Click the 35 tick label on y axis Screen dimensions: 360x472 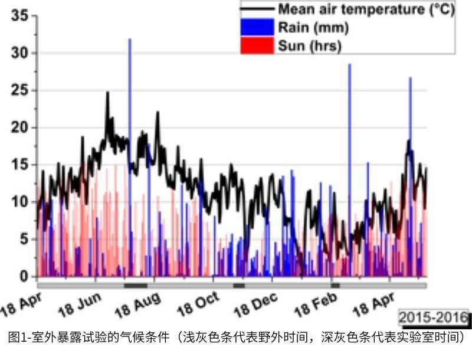20,16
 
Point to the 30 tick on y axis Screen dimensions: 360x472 20,53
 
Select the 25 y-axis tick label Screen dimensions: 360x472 20,90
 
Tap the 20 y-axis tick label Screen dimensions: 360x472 20,127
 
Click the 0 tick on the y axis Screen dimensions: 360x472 24,276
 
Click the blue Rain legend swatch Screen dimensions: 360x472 257,27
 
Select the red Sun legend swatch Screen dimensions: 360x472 257,45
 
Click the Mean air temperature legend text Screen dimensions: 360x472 365,9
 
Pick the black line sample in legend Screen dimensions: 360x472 257,9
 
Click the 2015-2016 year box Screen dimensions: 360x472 433,317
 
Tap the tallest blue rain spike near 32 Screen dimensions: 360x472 130,41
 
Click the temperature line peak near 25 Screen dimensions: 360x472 107,93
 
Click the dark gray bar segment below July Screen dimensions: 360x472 136,285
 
